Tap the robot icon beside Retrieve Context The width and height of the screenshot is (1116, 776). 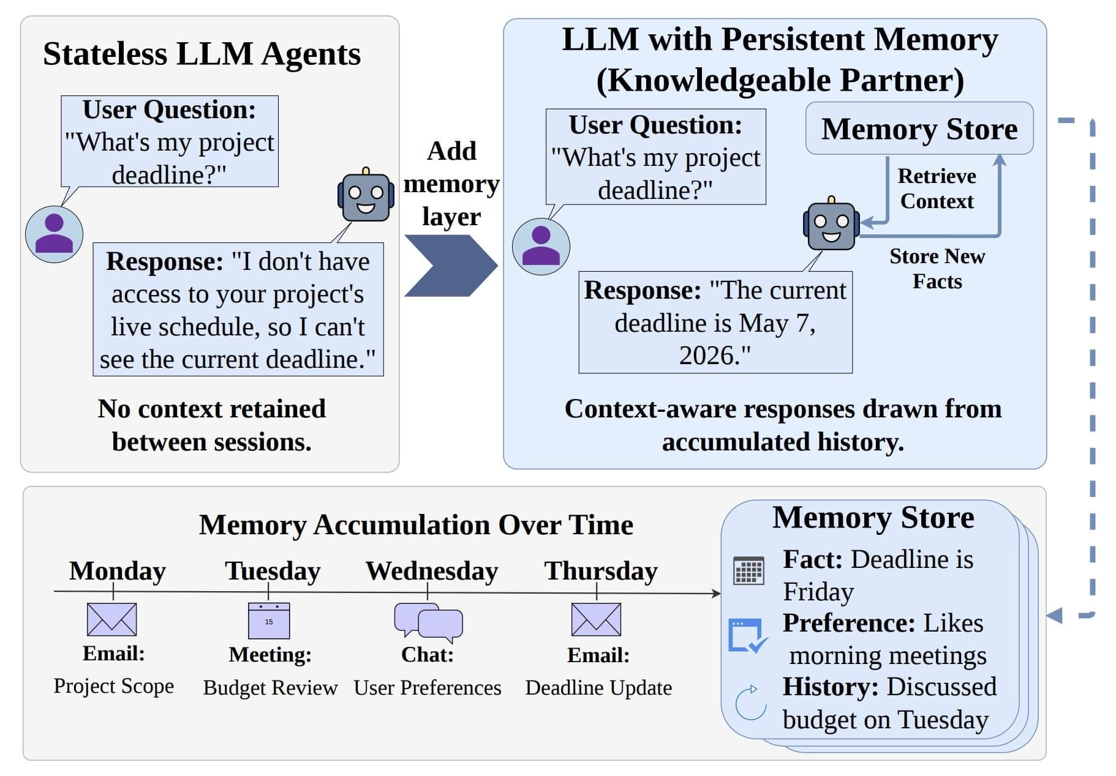pos(831,223)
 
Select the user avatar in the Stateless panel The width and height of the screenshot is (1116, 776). pos(54,234)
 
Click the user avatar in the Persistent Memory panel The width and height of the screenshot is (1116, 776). pos(541,247)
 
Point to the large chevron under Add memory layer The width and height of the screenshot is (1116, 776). pos(451,266)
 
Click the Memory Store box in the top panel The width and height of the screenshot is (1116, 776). pos(919,129)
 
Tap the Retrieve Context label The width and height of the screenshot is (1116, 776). pos(937,188)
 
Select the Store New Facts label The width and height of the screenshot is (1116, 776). pos(937,269)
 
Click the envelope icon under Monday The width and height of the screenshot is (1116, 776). pos(112,619)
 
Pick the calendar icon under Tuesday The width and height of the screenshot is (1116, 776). pos(269,621)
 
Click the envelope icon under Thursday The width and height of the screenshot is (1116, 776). pos(596,619)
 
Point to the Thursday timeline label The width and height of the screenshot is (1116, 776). pos(601,571)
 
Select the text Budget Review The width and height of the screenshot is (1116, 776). pos(270,688)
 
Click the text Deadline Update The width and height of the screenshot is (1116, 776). pos(598,688)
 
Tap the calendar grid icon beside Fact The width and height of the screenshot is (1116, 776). pos(748,570)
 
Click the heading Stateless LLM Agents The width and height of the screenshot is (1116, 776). pos(202,54)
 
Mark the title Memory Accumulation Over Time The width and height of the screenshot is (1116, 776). pos(416,525)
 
